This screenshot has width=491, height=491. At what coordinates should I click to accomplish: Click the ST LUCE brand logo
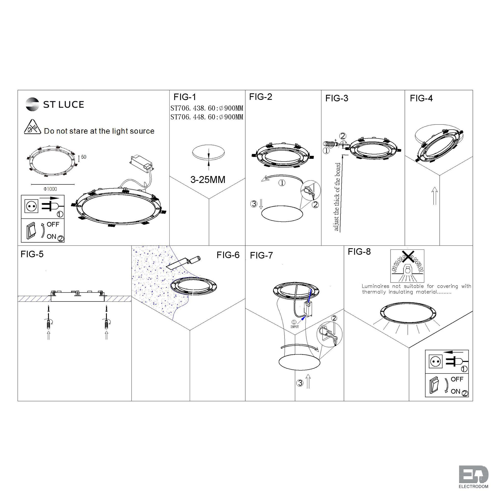tap(55, 104)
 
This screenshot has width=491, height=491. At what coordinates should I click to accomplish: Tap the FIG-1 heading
tap(185, 97)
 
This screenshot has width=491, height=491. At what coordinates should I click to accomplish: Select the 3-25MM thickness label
tap(208, 180)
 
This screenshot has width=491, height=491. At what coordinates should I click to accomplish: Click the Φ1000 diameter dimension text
tap(50, 189)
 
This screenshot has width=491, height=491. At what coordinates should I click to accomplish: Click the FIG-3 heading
tap(337, 98)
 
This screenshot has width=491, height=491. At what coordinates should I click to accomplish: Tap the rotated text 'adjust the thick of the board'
tap(337, 197)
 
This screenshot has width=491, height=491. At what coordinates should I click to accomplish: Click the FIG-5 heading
tap(32, 254)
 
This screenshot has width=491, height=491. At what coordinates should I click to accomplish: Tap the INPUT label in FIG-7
tap(295, 327)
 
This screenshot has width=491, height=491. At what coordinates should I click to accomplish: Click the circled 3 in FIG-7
tap(300, 383)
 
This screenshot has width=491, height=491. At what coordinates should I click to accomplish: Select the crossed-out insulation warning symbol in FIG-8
tap(407, 266)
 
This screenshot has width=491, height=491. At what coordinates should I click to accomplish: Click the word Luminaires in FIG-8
tap(377, 286)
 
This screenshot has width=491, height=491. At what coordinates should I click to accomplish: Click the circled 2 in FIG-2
tap(315, 204)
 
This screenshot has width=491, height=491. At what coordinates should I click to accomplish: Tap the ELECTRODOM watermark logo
tap(474, 480)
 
